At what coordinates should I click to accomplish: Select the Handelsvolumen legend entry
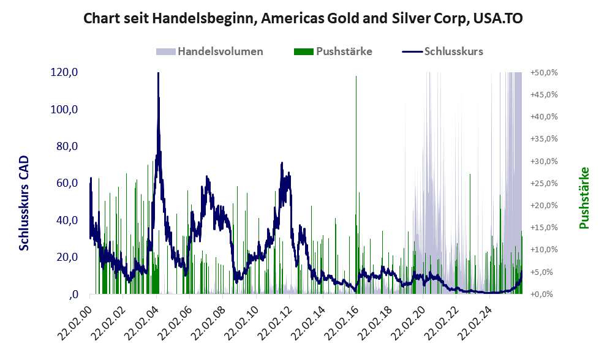(220, 51)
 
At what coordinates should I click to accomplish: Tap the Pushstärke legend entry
(344, 51)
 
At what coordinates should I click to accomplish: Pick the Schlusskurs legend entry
(453, 51)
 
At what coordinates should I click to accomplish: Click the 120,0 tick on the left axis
(64, 72)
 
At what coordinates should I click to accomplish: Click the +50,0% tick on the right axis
(544, 72)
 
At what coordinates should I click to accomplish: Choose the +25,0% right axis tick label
(544, 183)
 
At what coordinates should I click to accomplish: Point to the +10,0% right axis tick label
(544, 250)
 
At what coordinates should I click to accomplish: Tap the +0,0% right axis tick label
(544, 294)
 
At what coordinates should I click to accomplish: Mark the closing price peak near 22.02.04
(158, 74)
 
